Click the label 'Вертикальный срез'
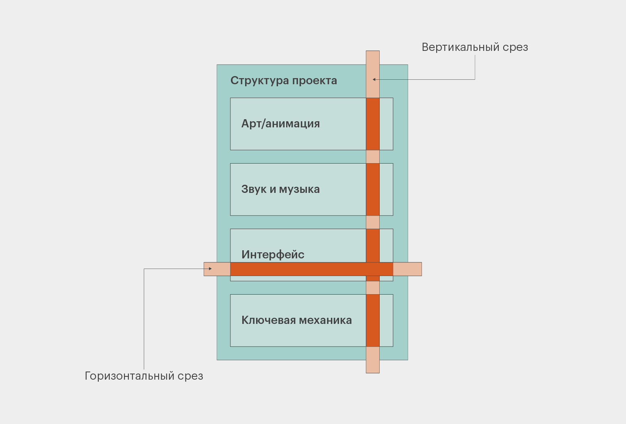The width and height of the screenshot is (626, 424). point(475,47)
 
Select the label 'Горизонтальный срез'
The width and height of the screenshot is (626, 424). point(144,376)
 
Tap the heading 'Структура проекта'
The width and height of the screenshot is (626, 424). point(284,81)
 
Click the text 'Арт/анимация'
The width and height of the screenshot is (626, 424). point(280,124)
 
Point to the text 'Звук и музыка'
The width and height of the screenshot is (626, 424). point(280,189)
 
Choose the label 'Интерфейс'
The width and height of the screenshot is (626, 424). point(273,255)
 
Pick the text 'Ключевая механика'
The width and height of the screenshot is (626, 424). point(296,320)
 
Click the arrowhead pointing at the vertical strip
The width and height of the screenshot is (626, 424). point(374,79)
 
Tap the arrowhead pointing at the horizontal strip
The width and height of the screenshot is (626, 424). point(210,269)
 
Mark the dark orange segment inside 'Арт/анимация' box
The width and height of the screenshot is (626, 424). point(373,124)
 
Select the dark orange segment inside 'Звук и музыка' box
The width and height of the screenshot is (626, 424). point(373,189)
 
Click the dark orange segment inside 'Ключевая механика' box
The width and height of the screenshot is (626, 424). point(373,320)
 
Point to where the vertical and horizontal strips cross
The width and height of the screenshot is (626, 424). point(373,269)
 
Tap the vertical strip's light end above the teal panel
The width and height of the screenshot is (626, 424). point(373,57)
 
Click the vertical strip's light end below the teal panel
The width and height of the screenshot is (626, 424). point(373,367)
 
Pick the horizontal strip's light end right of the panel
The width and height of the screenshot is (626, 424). point(407,269)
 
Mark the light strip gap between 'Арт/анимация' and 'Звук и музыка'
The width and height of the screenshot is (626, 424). point(373,157)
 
